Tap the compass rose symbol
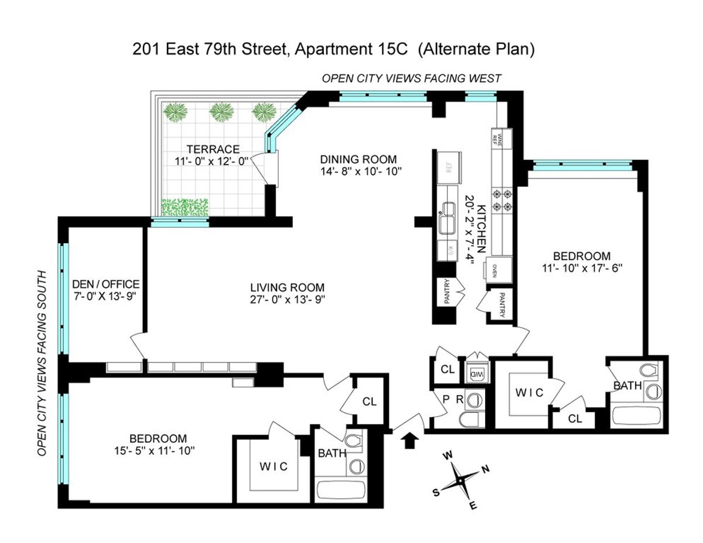pyautogui.click(x=460, y=480)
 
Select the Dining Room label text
pyautogui.click(x=358, y=159)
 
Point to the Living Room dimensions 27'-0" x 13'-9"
pyautogui.click(x=287, y=299)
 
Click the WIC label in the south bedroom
pyautogui.click(x=273, y=466)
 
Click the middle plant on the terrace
pyautogui.click(x=221, y=111)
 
